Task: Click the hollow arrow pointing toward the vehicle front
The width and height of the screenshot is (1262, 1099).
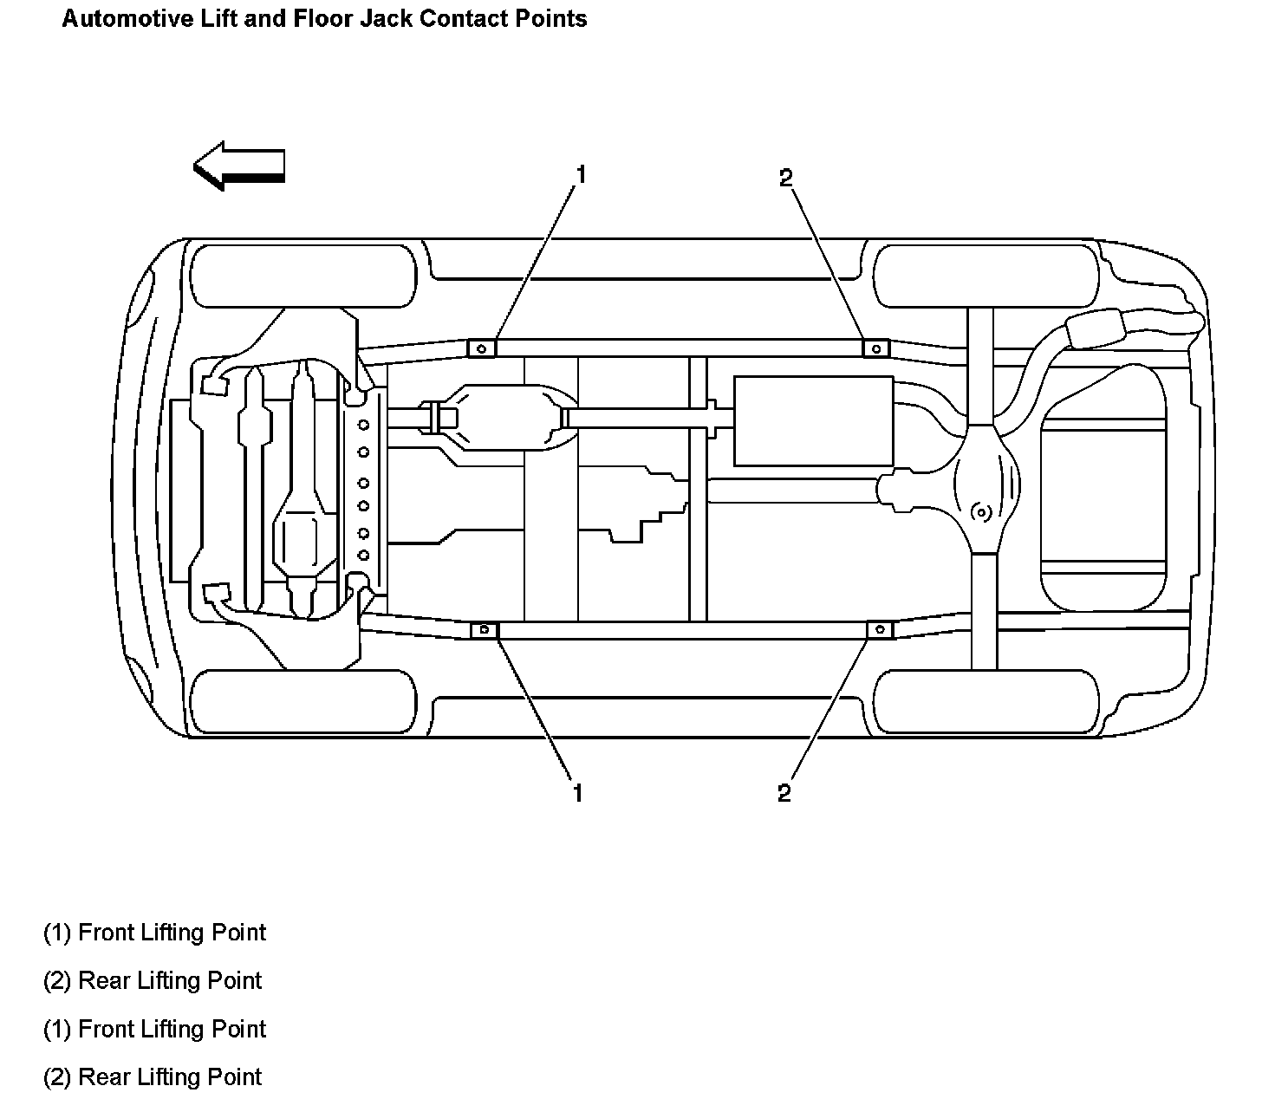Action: point(238,165)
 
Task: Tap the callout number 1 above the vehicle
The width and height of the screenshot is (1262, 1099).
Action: point(581,175)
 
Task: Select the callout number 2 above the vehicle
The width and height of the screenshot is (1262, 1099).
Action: point(785,179)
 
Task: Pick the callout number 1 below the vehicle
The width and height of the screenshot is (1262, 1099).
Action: point(577,792)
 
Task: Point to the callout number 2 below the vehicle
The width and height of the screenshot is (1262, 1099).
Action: point(784,793)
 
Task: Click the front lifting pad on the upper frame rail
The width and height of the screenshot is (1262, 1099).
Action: point(482,348)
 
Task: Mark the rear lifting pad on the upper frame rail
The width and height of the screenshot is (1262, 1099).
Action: point(875,348)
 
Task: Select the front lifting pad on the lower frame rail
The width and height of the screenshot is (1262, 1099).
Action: point(485,629)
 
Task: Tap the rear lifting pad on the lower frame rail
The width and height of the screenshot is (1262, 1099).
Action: point(880,629)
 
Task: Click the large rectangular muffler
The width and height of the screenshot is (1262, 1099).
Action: point(813,421)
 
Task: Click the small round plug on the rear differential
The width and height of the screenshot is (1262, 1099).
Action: point(981,512)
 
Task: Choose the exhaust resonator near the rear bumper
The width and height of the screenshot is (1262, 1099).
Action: point(1094,330)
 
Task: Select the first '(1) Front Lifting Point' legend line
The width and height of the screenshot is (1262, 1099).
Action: point(154,933)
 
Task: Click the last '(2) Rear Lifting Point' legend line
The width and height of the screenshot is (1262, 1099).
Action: point(153,1077)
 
